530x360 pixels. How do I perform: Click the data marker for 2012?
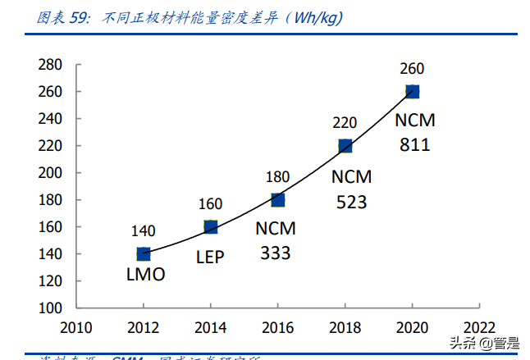144,254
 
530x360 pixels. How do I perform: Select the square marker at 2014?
211,227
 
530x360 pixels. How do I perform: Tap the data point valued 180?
278,200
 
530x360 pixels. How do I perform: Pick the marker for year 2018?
345,146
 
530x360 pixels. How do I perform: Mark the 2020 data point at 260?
413,92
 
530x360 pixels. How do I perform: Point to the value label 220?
345,123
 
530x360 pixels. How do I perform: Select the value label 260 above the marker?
413,69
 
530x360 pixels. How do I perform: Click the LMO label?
144,276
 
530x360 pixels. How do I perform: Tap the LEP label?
210,256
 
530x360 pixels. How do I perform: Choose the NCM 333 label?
276,241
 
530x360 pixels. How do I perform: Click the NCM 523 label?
351,189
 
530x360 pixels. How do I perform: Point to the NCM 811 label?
415,133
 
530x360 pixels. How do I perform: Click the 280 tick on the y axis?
51,65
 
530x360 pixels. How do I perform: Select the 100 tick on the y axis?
51,308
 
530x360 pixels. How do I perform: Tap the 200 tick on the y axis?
51,173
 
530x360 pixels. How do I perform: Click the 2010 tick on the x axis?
76,328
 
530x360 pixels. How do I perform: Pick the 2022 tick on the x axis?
480,328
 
